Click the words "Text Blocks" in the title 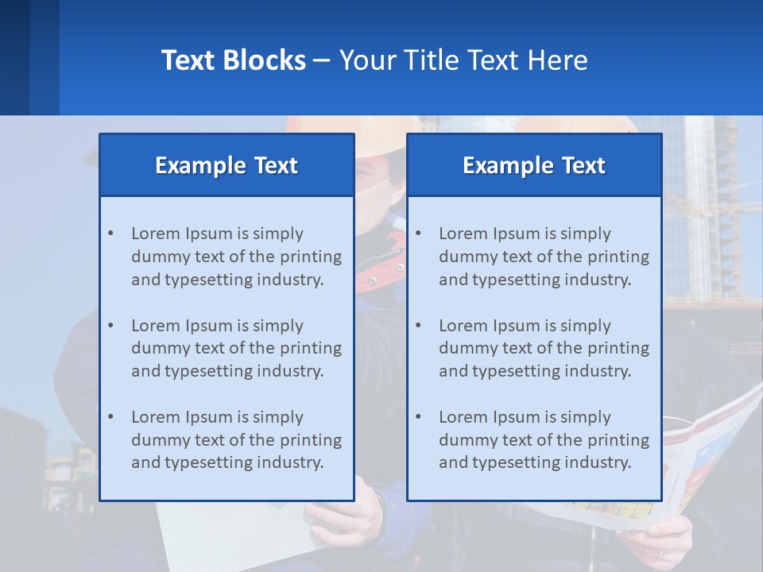(233, 60)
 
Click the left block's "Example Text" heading (227, 165)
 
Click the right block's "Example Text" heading (534, 165)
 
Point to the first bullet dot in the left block (111, 234)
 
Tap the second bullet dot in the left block (111, 326)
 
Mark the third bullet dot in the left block (111, 417)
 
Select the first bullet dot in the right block (419, 234)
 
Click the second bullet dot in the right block (419, 326)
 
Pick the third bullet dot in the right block (419, 417)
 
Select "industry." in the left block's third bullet (291, 462)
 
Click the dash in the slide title (322, 60)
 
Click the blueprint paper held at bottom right (707, 469)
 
